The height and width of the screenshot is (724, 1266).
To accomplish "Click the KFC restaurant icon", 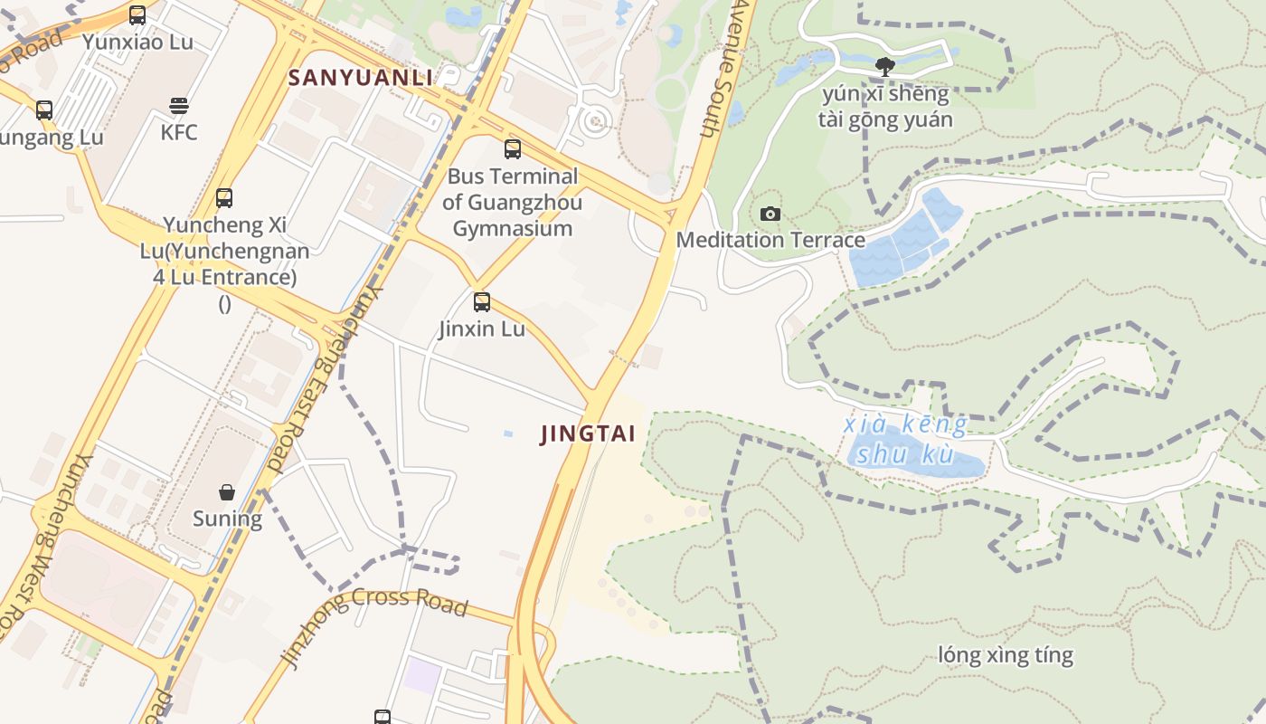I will pyautogui.click(x=178, y=105).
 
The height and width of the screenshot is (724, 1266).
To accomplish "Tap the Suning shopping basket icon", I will pyautogui.click(x=227, y=492).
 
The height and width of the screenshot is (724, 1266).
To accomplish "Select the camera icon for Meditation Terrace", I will pyautogui.click(x=770, y=214).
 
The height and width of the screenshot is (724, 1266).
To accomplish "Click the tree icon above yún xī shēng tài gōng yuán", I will pyautogui.click(x=885, y=65).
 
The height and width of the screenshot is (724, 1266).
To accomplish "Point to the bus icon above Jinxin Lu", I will pyautogui.click(x=482, y=302).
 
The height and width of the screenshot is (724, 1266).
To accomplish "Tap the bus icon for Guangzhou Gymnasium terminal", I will pyautogui.click(x=513, y=149).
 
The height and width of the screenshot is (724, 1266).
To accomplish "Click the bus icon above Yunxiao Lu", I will pyautogui.click(x=137, y=15).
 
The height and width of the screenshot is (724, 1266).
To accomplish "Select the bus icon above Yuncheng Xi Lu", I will pyautogui.click(x=224, y=197).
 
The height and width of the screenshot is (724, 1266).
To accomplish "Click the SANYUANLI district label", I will pyautogui.click(x=361, y=78).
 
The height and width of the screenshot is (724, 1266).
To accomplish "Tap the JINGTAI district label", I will pyautogui.click(x=588, y=433).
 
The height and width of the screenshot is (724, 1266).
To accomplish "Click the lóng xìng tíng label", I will pyautogui.click(x=1006, y=655).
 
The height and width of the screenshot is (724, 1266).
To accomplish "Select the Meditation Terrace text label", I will pyautogui.click(x=770, y=240).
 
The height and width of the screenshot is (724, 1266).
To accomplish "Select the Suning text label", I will pyautogui.click(x=227, y=519).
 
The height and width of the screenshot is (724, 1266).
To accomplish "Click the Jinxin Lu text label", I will pyautogui.click(x=482, y=329).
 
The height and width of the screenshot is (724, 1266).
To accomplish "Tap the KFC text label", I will pyautogui.click(x=179, y=132).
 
